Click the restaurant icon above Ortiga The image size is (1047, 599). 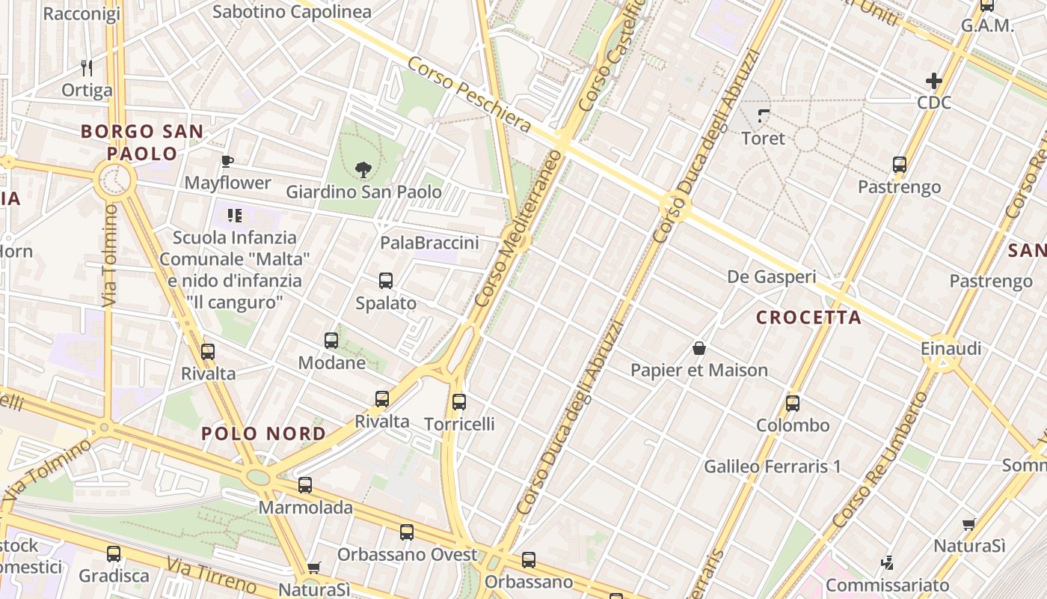click(87, 68)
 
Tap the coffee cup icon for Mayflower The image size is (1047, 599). click(227, 161)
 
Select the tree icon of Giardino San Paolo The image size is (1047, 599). click(363, 170)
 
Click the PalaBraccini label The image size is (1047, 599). click(429, 243)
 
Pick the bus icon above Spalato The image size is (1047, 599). click(386, 282)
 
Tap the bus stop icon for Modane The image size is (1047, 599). click(331, 341)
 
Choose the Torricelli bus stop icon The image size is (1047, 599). click(459, 402)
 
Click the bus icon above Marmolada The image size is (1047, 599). click(305, 485)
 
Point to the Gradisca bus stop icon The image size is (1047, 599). click(114, 554)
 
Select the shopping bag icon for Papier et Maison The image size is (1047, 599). click(699, 348)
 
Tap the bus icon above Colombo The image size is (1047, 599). click(793, 404)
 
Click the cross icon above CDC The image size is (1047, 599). click(934, 81)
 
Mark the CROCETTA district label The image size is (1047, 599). click(808, 317)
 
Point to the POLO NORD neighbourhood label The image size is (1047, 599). click(263, 434)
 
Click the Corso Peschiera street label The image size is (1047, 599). click(468, 94)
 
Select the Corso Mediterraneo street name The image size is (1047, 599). click(517, 228)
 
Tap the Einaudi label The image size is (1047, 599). click(951, 349)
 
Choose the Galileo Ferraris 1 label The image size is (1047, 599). click(773, 466)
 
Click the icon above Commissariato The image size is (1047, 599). click(887, 562)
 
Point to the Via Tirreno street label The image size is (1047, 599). click(212, 575)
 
